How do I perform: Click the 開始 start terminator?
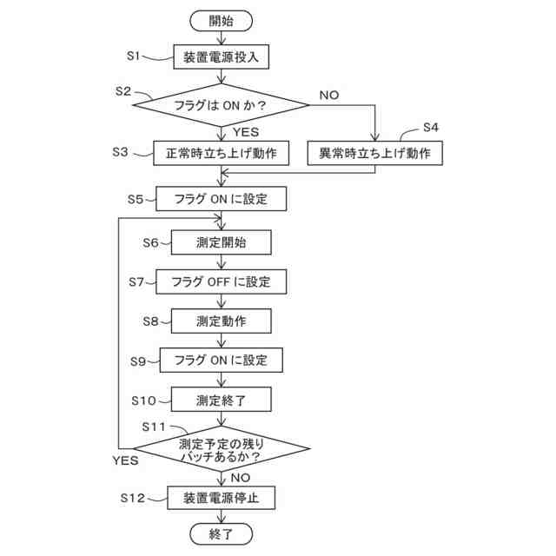point(221,20)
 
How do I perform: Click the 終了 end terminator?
point(221,533)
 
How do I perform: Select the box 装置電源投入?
point(221,58)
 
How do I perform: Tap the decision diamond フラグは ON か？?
point(221,106)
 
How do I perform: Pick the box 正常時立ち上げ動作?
point(221,153)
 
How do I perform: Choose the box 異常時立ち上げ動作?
point(375,153)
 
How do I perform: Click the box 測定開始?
point(221,242)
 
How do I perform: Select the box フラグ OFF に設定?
point(221,281)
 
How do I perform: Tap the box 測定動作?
point(221,321)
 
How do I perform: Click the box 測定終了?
point(221,400)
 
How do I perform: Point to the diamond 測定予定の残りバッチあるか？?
point(221,448)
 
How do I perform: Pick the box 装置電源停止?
point(221,498)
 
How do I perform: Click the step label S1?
point(132,56)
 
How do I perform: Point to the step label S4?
point(430,128)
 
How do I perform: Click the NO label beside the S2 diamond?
point(328,94)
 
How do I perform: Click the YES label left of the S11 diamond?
point(126,460)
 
